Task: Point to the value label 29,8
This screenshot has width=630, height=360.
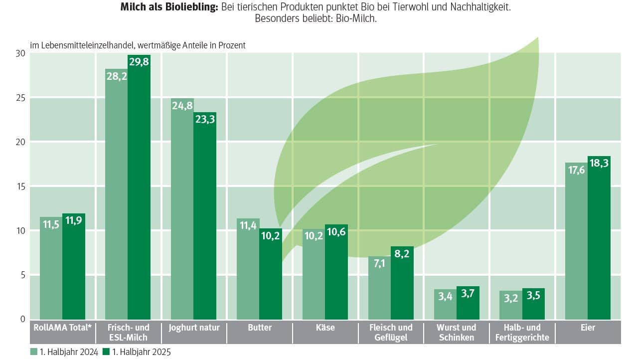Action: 139,63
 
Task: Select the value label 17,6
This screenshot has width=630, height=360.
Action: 576,170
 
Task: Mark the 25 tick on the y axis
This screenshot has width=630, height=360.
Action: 20,98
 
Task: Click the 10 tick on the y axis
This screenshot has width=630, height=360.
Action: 20,231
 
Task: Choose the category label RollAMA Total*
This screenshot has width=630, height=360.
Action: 62,328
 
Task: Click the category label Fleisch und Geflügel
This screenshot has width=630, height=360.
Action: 391,333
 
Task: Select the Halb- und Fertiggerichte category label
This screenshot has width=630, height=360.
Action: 522,333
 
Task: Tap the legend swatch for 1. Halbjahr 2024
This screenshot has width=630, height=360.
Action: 33,352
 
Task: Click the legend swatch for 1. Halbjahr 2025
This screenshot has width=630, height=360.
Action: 106,352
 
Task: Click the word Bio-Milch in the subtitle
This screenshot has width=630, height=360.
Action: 356,19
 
